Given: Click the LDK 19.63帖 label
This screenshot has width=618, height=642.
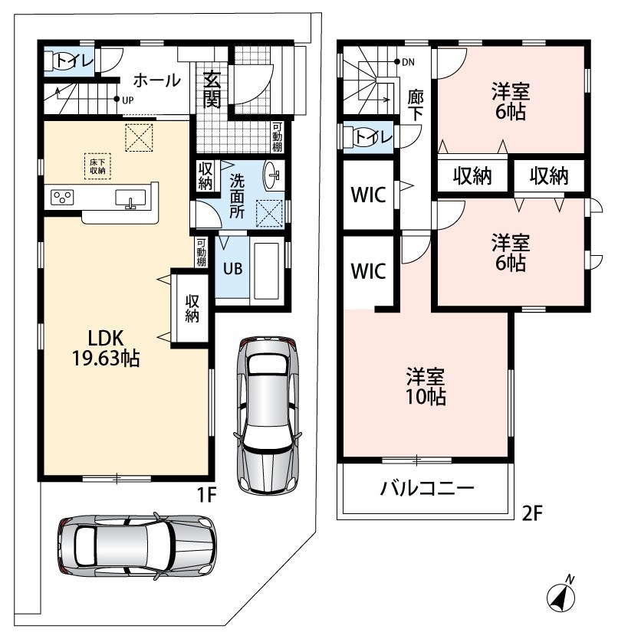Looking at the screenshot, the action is pyautogui.click(x=106, y=348).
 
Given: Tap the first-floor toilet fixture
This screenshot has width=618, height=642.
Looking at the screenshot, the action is pyautogui.click(x=57, y=61).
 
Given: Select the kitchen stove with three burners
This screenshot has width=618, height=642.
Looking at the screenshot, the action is pyautogui.click(x=62, y=198).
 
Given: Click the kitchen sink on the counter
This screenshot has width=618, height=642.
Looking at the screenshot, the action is pyautogui.click(x=130, y=198).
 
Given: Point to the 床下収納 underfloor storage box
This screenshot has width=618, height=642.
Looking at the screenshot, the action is pyautogui.click(x=97, y=166).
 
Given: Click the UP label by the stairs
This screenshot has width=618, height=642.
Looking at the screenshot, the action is pyautogui.click(x=128, y=100).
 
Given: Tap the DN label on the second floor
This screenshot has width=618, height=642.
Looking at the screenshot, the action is pyautogui.click(x=408, y=62).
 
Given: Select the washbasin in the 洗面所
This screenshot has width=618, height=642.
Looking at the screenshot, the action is pyautogui.click(x=271, y=176).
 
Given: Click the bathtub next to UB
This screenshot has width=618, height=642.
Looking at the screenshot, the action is pyautogui.click(x=266, y=271).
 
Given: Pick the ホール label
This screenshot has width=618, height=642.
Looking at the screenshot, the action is pyautogui.click(x=157, y=80).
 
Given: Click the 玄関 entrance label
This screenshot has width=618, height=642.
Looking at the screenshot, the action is pyautogui.click(x=212, y=90).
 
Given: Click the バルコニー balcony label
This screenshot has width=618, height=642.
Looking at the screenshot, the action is pyautogui.click(x=426, y=488).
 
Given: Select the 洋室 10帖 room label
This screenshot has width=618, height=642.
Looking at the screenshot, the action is pyautogui.click(x=426, y=387).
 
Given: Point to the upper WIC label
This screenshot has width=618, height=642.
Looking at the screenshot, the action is pyautogui.click(x=368, y=195).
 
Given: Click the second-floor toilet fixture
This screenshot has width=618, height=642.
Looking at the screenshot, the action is pyautogui.click(x=356, y=137).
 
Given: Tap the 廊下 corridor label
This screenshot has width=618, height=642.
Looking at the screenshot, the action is pyautogui.click(x=416, y=105).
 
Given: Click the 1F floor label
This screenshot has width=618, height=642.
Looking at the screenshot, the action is pyautogui.click(x=206, y=495).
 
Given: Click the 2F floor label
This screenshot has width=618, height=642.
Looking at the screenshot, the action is pyautogui.click(x=532, y=513).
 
